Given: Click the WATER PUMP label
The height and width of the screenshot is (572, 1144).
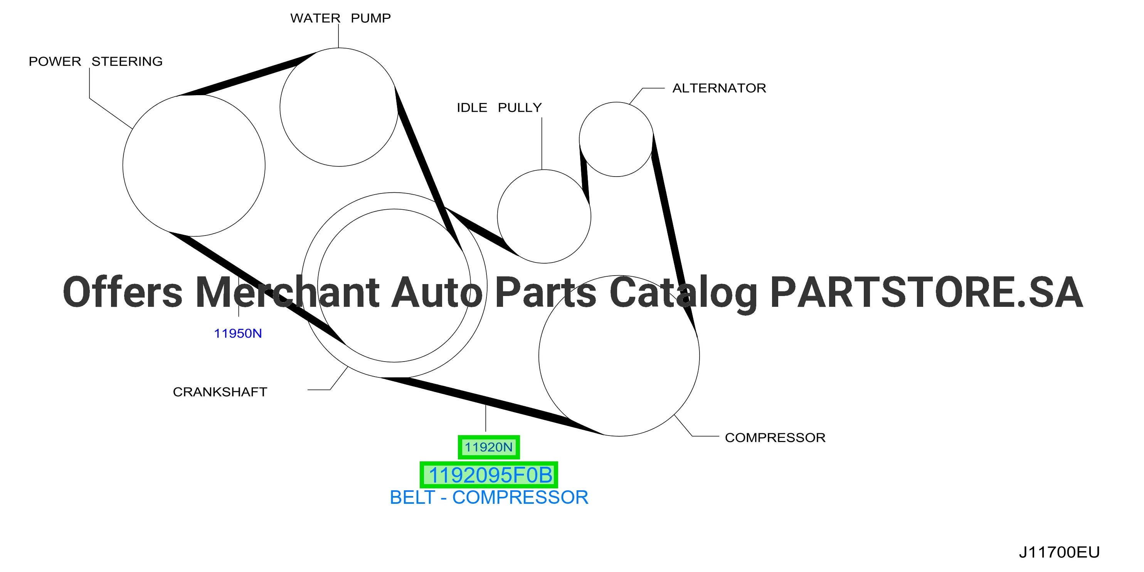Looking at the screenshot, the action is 341,18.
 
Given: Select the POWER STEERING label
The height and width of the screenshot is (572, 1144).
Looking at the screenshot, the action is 96,61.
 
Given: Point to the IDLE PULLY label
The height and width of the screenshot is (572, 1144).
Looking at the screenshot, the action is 499,108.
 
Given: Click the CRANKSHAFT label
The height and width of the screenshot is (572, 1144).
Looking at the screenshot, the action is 220,392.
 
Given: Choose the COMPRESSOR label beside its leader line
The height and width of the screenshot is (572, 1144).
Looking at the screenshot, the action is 775,437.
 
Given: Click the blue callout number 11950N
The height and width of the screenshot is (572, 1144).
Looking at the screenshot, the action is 238,333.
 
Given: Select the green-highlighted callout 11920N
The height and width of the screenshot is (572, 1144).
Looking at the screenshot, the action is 488,447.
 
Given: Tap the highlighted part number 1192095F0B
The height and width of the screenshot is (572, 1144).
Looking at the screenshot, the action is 489,475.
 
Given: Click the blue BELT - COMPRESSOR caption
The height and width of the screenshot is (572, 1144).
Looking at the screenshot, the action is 489,497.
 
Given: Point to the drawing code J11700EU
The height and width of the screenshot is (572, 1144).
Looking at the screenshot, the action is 1059,552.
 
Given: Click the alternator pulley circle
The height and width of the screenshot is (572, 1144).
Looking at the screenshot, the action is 580,140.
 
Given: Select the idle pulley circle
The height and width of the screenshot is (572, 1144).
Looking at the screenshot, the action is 497,216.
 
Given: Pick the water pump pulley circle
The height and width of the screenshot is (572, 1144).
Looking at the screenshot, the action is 280,107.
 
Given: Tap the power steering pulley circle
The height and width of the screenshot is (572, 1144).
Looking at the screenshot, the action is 123,165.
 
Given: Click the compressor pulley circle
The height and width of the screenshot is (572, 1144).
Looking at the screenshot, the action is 539,355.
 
